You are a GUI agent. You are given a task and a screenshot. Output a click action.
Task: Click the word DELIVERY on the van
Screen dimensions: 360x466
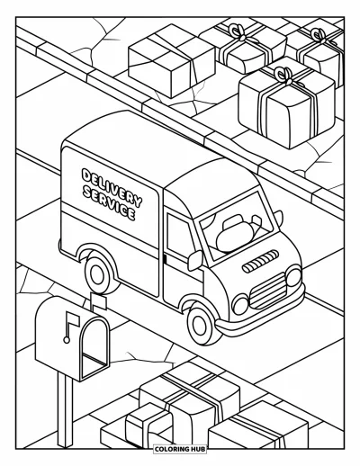112,187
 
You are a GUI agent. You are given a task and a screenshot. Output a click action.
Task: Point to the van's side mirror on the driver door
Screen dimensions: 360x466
195,260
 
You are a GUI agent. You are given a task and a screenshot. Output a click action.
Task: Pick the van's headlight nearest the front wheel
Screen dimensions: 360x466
240,305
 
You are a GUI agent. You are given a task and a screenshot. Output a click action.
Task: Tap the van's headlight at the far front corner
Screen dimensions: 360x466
293,276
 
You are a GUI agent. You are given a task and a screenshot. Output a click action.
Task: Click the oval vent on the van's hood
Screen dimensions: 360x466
260,261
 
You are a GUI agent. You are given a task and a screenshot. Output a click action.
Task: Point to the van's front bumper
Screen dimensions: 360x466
261,315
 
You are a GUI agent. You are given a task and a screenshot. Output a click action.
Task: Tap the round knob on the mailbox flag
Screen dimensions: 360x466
67,340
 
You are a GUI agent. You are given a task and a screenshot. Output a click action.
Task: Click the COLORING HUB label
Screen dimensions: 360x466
180,449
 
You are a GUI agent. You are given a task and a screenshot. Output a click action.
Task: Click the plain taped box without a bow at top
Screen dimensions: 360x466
172,61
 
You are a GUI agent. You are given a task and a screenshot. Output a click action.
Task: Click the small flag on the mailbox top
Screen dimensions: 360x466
99,302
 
